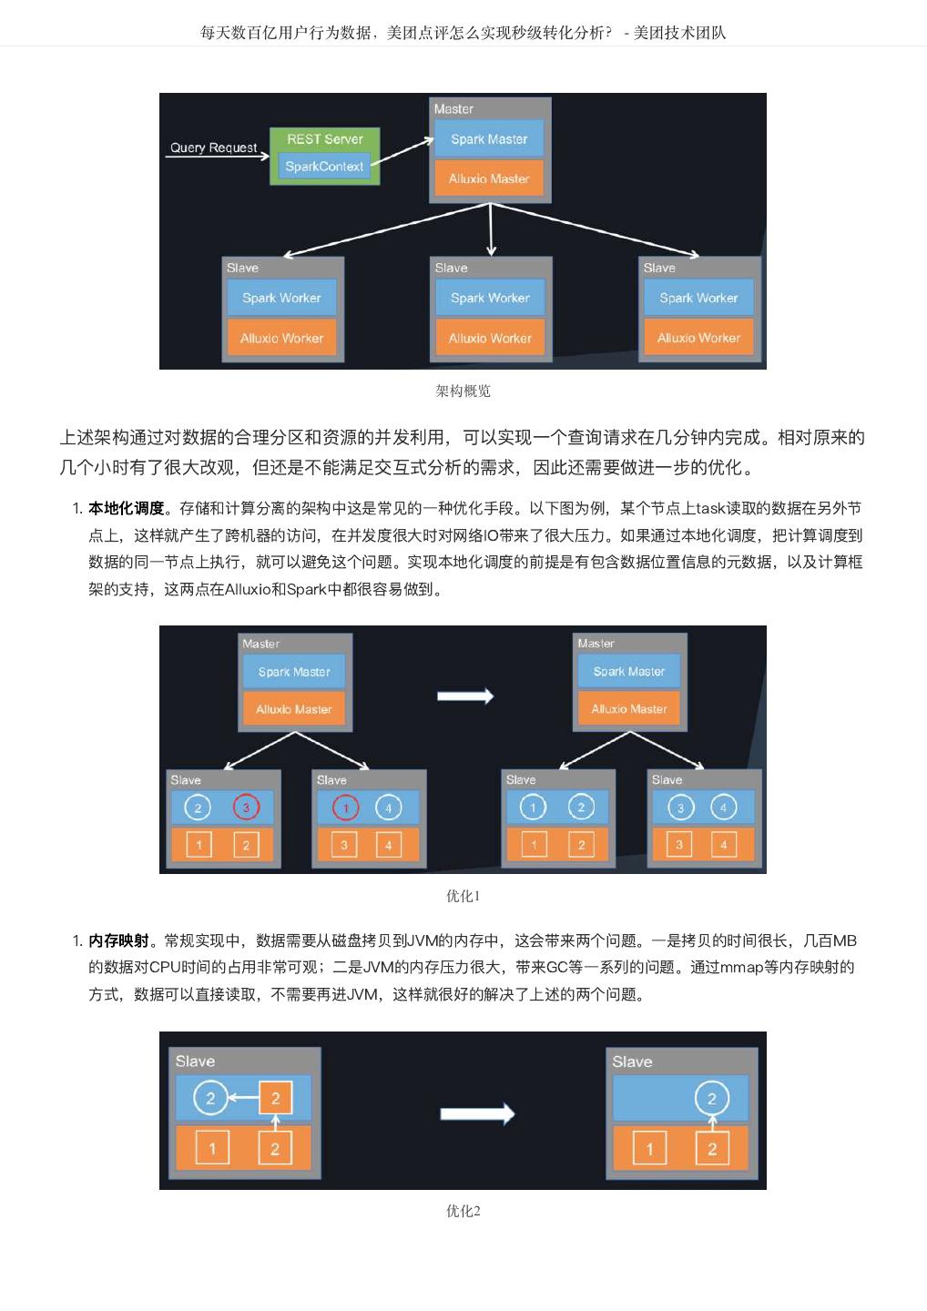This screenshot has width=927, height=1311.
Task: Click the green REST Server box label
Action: [x=324, y=139]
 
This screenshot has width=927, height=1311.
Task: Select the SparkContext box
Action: [x=324, y=167]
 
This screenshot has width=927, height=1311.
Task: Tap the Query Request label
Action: [x=214, y=147]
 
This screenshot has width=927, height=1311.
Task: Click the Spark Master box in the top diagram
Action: [x=489, y=139]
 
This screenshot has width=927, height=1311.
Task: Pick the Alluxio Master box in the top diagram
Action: [x=489, y=179]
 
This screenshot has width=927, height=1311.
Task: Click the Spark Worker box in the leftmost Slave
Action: [x=281, y=298]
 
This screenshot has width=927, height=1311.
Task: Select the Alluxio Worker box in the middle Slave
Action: [x=490, y=338]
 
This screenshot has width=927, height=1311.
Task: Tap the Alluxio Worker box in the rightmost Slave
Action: [x=698, y=338]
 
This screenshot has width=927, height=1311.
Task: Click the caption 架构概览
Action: [x=463, y=391]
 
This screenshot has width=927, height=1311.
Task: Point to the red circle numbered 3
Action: [x=246, y=808]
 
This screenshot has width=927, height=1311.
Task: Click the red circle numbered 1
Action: [x=345, y=808]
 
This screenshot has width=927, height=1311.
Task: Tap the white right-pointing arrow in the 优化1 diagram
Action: [x=465, y=696]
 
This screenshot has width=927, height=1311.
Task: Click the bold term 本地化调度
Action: [x=126, y=509]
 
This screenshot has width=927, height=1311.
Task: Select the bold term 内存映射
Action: [x=118, y=940]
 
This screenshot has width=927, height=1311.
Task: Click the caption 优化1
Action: [x=463, y=896]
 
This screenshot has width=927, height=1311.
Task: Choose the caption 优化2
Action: [x=463, y=1211]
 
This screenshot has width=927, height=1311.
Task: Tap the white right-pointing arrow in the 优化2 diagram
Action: [x=477, y=1113]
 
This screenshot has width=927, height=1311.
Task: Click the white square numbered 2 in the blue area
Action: [x=275, y=1098]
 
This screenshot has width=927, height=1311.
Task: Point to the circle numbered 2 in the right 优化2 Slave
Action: [x=711, y=1098]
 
